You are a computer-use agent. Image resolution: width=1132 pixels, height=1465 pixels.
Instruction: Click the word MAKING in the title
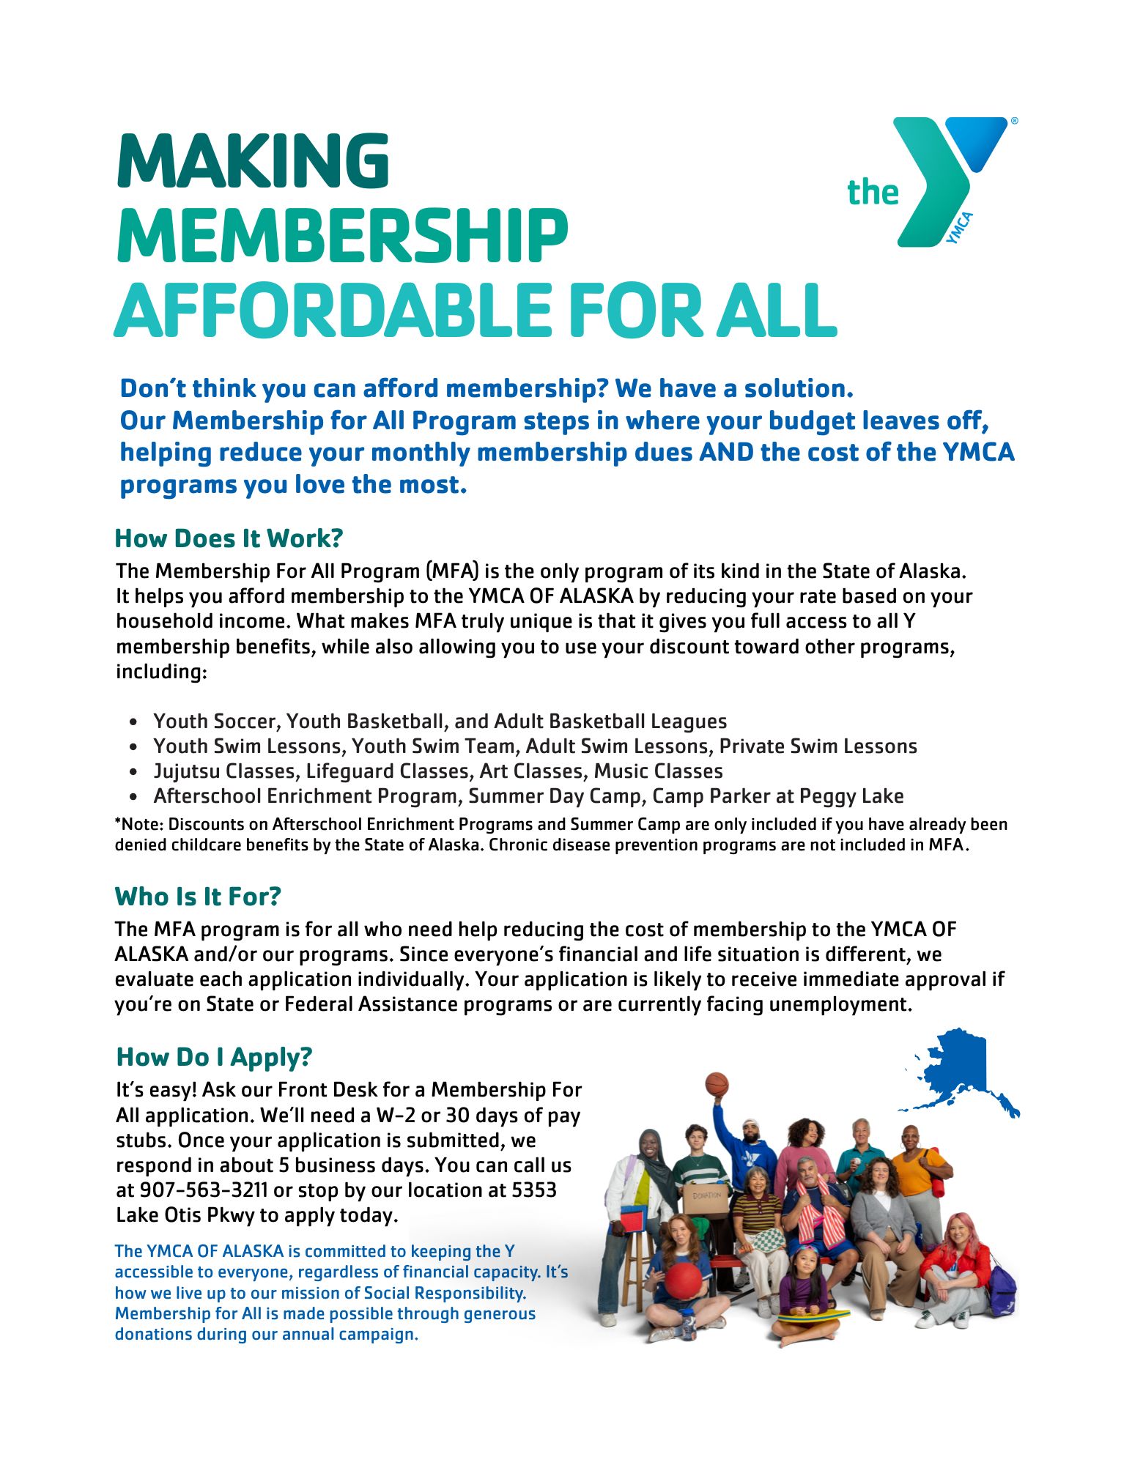(x=253, y=160)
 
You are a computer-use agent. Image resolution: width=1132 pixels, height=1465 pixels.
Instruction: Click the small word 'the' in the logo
(x=872, y=193)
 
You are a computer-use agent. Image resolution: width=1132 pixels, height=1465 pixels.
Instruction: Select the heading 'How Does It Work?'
(x=229, y=538)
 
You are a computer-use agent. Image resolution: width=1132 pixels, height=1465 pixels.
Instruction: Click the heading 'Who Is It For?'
(x=198, y=897)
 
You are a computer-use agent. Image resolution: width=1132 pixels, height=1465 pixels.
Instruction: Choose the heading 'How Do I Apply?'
(x=214, y=1057)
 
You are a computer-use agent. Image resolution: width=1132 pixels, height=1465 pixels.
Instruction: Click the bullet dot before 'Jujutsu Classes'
(x=133, y=772)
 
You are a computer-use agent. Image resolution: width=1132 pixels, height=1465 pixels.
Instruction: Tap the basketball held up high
(x=717, y=1084)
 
